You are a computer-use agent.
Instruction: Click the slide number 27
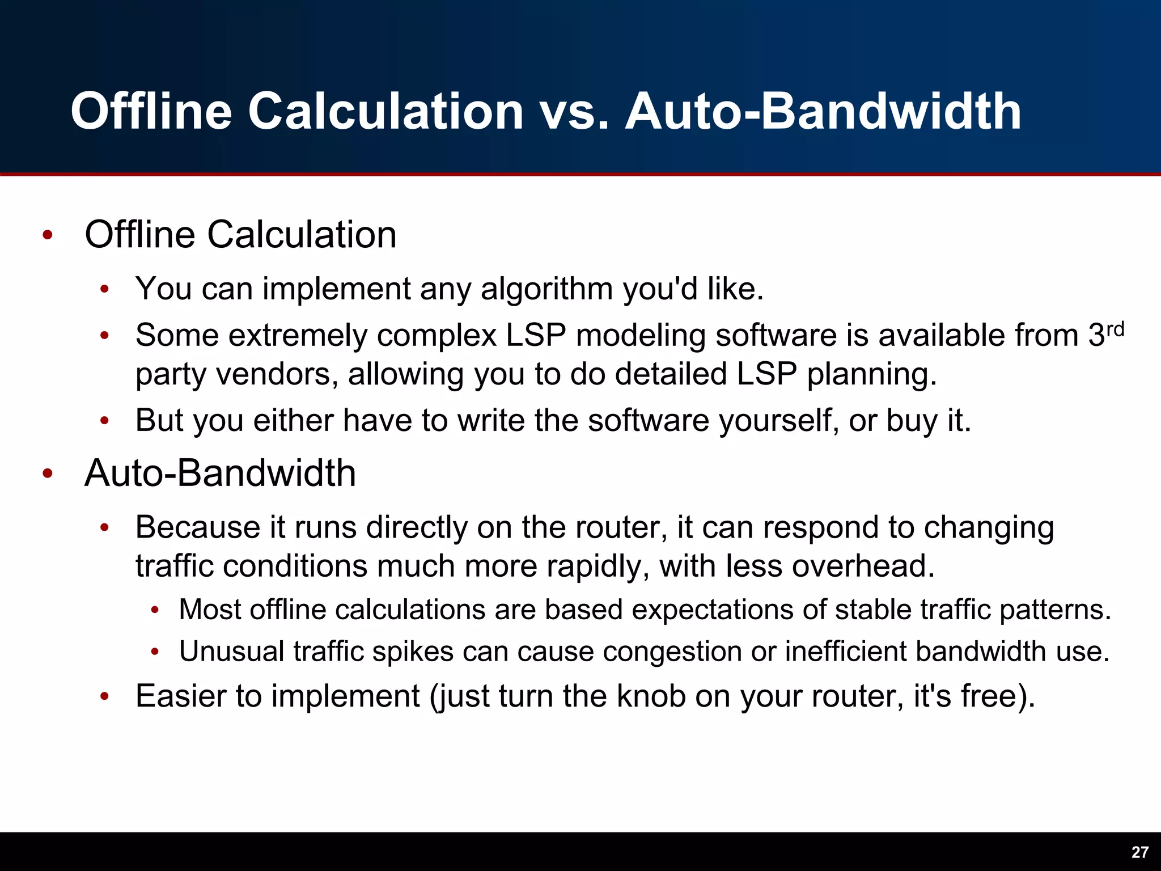click(1140, 852)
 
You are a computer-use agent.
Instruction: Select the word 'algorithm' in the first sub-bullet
click(546, 289)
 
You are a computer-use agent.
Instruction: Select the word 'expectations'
click(713, 610)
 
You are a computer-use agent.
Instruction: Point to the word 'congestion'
click(672, 651)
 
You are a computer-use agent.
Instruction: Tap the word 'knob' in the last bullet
click(651, 696)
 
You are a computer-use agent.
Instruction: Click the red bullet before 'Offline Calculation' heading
click(48, 235)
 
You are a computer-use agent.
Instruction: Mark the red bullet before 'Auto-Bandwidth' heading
click(48, 473)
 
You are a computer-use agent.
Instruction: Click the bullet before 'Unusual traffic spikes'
click(155, 652)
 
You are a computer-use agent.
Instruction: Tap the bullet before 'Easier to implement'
click(104, 696)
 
